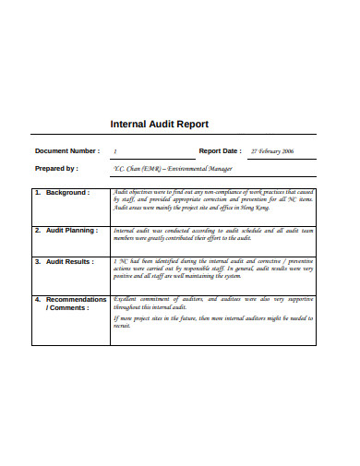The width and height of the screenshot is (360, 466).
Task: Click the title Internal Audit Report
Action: pyautogui.click(x=159, y=124)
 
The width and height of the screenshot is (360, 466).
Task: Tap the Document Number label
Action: pyautogui.click(x=66, y=149)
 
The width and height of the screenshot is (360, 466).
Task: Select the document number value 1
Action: pyautogui.click(x=115, y=150)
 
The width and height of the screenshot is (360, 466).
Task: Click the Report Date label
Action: pyautogui.click(x=220, y=149)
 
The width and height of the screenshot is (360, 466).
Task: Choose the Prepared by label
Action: pyautogui.click(x=56, y=169)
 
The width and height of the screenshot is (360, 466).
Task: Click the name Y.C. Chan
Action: pyautogui.click(x=128, y=169)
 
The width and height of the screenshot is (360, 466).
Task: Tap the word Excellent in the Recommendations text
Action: pyautogui.click(x=127, y=300)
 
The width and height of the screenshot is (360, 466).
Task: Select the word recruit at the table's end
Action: pyautogui.click(x=122, y=327)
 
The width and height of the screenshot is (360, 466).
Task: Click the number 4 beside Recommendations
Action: pyautogui.click(x=37, y=300)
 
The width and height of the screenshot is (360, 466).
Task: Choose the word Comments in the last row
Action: pyautogui.click(x=70, y=308)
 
